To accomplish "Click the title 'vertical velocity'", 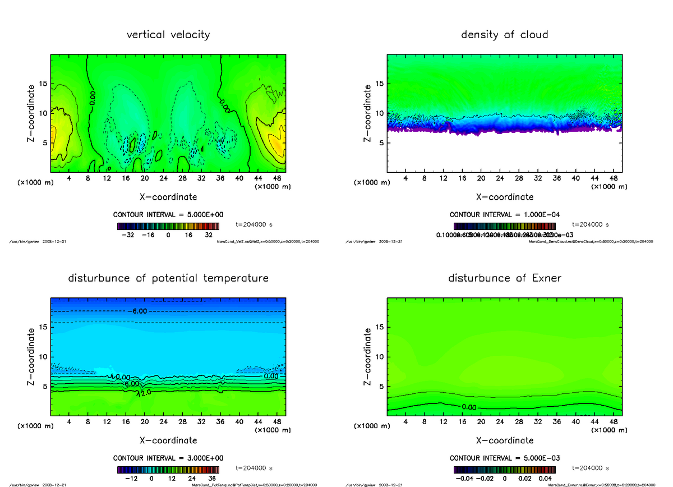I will pos(168,35).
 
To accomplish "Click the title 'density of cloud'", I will pos(504,35).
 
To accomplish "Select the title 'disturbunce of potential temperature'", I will pos(168,278).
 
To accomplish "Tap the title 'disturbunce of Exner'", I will pos(504,278).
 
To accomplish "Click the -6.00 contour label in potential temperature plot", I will pos(139,311).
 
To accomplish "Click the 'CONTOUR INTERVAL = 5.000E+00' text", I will pos(168,215).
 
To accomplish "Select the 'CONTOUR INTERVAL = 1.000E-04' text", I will pos(504,215).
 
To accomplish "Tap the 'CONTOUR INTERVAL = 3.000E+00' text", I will pos(168,458).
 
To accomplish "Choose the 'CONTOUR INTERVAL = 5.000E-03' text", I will pos(504,458).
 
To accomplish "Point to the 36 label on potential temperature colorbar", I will pos(211,479).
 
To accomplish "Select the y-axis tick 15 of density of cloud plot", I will pos(380,84).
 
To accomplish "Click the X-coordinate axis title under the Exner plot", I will pos(504,440).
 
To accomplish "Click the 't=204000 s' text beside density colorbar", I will pos(591,224).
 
